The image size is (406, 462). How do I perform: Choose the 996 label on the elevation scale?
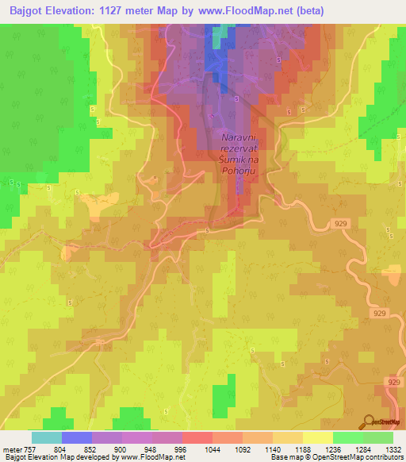click(181, 449)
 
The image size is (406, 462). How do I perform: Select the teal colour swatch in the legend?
click(47, 437)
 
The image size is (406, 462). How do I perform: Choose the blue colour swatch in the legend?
click(77, 437)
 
